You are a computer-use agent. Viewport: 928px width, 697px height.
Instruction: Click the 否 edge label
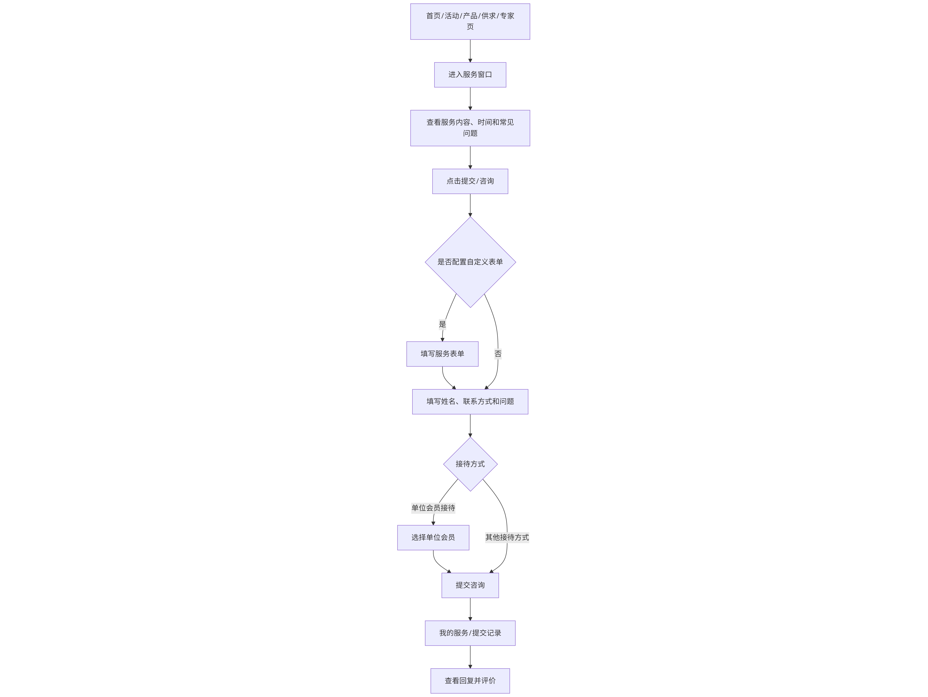498,354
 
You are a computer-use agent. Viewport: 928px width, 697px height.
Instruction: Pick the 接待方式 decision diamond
470,464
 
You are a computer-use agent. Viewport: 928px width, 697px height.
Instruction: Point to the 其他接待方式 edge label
507,538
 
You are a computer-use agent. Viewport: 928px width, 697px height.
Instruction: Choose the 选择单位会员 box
433,538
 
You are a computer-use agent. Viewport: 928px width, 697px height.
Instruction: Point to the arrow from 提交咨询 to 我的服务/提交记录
470,609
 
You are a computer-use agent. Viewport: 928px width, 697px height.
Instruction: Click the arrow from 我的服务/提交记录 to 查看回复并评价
470,657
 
